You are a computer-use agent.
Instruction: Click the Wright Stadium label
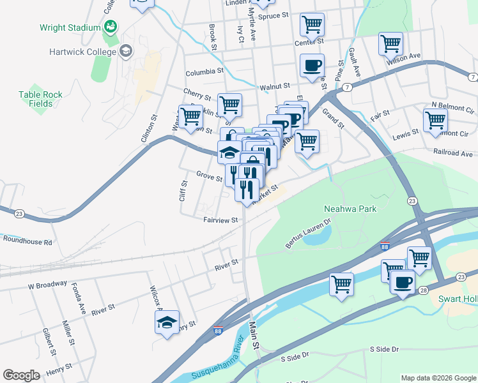(x=70, y=27)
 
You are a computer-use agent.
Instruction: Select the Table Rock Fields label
(x=41, y=99)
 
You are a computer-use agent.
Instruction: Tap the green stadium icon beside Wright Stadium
(x=111, y=27)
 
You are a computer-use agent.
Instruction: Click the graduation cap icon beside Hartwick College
(x=126, y=50)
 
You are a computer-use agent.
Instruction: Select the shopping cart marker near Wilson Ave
(x=390, y=45)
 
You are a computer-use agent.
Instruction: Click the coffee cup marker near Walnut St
(x=312, y=66)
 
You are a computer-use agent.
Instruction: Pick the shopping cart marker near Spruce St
(x=312, y=25)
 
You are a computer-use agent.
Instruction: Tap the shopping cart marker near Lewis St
(x=435, y=119)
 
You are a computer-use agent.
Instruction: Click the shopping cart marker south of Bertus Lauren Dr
(x=342, y=283)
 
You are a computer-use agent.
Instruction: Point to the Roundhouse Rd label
(x=27, y=241)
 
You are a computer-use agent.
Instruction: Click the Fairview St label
(x=220, y=220)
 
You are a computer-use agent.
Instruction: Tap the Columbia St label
(x=204, y=73)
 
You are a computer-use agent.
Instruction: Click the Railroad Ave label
(x=453, y=154)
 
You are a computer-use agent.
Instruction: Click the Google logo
(x=22, y=375)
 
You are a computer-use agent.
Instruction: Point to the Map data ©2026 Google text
(x=438, y=378)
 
